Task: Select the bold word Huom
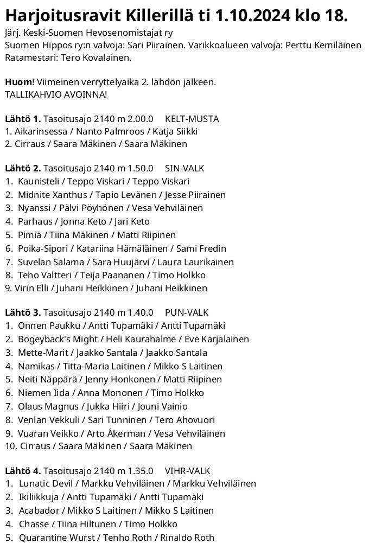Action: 18,82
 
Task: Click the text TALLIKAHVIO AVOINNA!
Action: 56,94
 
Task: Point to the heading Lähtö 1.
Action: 23,119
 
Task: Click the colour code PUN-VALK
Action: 186,312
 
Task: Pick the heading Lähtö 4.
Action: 23,470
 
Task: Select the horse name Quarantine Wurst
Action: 54,538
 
